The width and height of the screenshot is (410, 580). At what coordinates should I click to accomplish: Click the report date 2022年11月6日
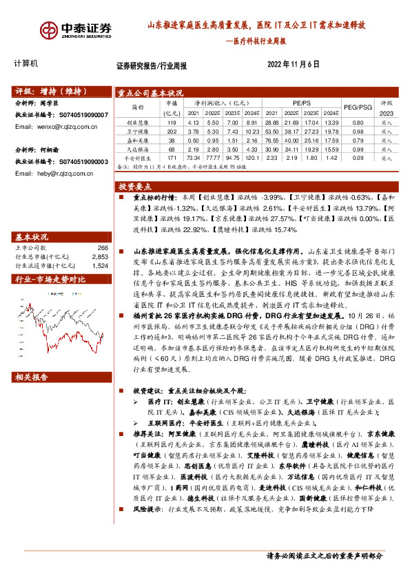tap(293, 64)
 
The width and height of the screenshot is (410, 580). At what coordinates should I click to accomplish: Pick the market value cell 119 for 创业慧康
tap(172, 121)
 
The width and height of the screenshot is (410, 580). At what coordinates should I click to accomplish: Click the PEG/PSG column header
tap(358, 107)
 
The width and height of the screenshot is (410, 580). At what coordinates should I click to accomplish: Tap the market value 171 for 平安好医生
tap(172, 158)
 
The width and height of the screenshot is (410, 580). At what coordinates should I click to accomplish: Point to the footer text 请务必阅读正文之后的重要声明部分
tap(324, 556)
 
